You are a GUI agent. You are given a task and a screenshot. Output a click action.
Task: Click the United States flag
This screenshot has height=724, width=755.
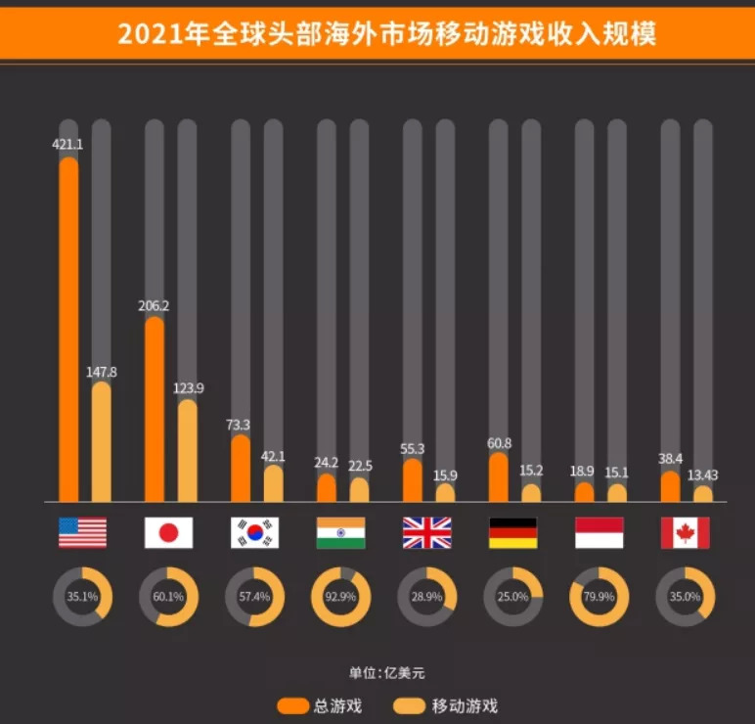82,532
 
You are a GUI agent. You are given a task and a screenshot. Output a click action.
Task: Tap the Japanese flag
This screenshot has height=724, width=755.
168,532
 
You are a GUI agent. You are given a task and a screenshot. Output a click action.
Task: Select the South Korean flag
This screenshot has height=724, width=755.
254,532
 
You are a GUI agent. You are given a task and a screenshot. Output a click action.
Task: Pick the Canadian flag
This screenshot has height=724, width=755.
685,532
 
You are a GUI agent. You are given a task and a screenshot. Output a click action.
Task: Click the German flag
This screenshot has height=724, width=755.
512,532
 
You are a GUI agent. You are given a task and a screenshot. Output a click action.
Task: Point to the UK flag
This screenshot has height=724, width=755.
426,532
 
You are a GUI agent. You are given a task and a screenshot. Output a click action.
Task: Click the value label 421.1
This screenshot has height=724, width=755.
67,144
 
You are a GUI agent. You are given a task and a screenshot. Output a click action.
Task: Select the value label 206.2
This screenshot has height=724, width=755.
154,305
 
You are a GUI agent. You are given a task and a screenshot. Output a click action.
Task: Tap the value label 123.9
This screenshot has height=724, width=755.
189,388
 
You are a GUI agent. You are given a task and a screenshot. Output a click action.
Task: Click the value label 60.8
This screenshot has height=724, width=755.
499,442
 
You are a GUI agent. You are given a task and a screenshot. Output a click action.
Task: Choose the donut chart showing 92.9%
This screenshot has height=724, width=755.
340,596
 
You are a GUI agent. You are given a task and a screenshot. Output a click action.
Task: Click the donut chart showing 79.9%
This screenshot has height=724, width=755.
599,596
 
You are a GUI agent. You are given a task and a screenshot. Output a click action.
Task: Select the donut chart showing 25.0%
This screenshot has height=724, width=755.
512,596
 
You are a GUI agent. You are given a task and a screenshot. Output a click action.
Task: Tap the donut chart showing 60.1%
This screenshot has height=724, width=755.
168,596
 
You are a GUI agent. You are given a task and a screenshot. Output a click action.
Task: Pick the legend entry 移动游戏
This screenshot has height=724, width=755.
445,705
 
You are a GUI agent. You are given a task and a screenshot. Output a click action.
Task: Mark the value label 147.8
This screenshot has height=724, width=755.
103,372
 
